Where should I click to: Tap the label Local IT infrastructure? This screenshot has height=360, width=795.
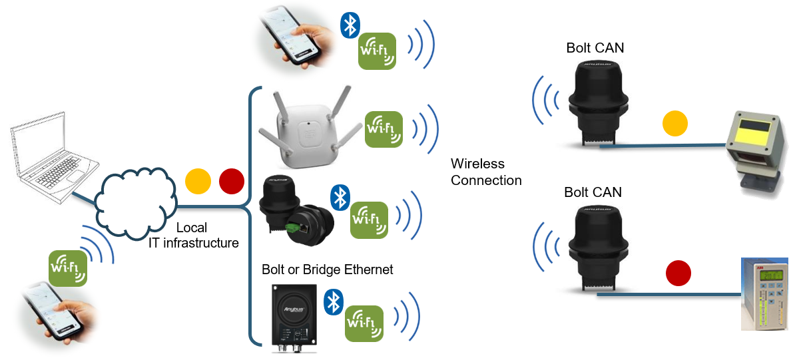click(x=193, y=236)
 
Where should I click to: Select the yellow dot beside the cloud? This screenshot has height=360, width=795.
click(x=198, y=181)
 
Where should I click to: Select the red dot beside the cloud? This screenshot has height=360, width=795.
click(x=231, y=181)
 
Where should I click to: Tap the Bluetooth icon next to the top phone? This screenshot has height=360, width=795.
click(x=350, y=25)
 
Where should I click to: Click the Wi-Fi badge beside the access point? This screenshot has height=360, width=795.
click(x=384, y=129)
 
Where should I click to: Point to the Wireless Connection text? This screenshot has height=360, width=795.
click(x=486, y=172)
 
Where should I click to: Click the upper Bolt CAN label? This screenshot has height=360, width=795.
click(x=595, y=48)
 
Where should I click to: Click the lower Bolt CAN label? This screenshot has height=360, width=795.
click(x=593, y=192)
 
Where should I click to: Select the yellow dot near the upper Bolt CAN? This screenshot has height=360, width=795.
click(x=674, y=124)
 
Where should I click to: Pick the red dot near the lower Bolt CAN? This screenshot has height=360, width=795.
click(x=678, y=273)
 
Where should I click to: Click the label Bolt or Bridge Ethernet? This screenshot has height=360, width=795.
click(x=327, y=270)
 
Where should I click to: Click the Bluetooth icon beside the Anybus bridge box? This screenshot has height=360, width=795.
click(x=333, y=302)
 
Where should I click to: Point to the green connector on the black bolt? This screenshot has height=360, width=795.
click(x=293, y=228)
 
